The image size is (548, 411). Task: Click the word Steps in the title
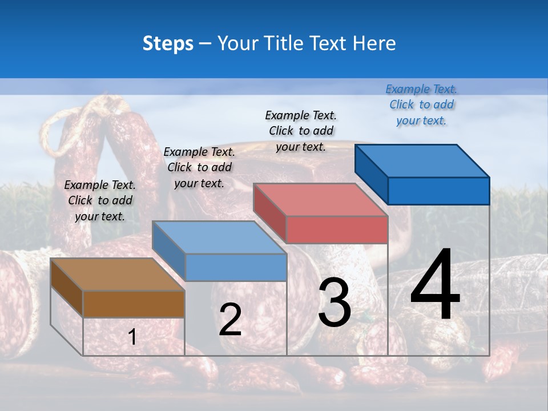(168, 43)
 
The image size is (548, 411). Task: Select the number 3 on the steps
(335, 303)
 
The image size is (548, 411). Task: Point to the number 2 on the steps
(230, 320)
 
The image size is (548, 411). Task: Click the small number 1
(132, 337)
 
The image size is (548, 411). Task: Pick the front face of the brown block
(134, 304)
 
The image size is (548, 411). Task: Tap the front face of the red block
(337, 229)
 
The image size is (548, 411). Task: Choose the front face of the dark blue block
(438, 191)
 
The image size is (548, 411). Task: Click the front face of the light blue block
(236, 267)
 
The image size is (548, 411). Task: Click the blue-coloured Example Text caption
(421, 104)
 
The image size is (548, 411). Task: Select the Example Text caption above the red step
(301, 131)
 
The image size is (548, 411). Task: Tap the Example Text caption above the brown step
(100, 200)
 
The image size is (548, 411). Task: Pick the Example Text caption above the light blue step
(199, 167)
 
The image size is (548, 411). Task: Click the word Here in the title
(375, 43)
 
